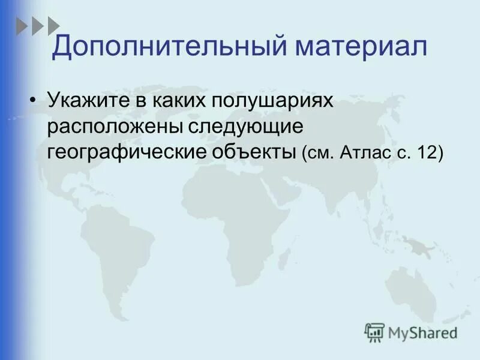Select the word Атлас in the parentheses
pos(361,154)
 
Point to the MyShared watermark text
pos(422,331)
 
